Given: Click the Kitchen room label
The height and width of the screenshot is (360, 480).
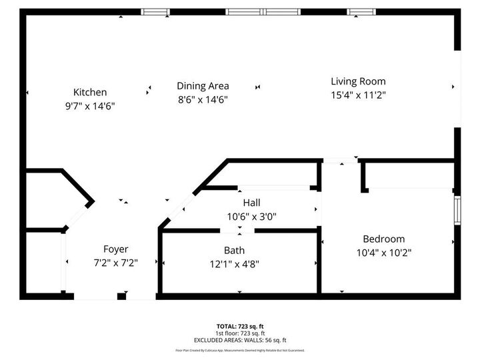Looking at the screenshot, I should pos(90,93).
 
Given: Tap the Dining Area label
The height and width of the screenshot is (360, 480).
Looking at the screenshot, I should pos(203,86).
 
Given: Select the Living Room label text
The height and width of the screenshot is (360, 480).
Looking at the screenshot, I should pos(358,81).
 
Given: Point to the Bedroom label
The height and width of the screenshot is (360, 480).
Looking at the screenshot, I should pos(383,239).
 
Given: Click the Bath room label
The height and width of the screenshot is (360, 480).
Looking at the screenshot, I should pos(234,251).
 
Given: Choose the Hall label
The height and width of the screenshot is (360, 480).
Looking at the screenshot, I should pos(251,203).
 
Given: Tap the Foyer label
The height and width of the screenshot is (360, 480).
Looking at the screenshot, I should pos(115,249).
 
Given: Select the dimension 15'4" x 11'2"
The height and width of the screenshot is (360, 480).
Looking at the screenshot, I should pos(358,95).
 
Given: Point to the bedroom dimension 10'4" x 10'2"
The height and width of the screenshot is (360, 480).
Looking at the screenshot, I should pos(383,253).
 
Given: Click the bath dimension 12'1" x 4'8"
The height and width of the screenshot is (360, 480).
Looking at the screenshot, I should pos(234,263).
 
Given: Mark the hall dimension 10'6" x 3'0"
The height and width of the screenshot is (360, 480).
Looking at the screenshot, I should pos(251,216).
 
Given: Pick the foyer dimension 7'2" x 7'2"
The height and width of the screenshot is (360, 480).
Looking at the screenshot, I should pos(115,263).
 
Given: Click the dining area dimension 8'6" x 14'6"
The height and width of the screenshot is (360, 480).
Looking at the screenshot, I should pos(203,99).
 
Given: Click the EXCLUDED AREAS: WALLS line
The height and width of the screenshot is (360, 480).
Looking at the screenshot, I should pos(239,339).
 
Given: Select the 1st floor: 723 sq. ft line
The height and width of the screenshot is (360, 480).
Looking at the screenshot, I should pos(239,333).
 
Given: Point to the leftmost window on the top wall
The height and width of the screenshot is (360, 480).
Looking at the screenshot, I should pos(156,12).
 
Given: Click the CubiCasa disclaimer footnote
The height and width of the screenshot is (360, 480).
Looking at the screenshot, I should pos(239,350).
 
